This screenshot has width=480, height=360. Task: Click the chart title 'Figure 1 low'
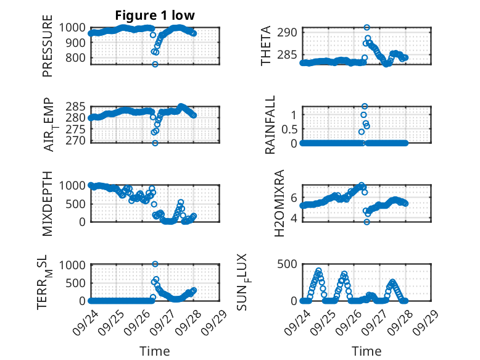155,15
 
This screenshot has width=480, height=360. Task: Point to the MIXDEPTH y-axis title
48,203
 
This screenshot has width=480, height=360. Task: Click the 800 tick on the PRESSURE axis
77,58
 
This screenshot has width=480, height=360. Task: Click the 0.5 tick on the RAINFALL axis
289,129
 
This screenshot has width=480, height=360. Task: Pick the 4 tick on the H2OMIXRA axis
294,218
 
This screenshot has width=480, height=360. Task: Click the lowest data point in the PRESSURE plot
155,64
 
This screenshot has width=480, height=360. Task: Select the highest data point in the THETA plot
366,28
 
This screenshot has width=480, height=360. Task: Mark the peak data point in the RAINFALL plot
365,106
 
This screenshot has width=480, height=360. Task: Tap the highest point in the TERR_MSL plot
155,264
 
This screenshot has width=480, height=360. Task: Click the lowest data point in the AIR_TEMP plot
155,143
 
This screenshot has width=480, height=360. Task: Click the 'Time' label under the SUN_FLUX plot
366,351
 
